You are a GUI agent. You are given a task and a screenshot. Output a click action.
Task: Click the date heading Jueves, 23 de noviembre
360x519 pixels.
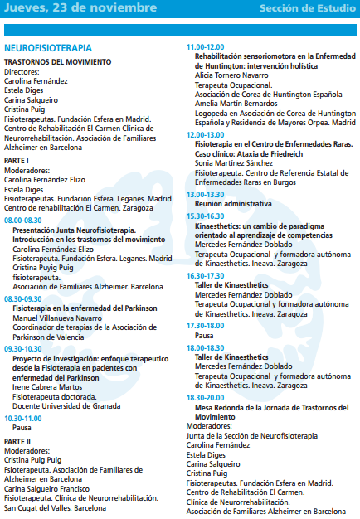[x=80, y=8]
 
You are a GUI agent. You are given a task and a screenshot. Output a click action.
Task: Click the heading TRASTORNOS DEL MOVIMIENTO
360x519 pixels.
[x=57, y=63]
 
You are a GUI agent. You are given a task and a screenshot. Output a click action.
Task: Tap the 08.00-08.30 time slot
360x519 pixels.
[x=22, y=221]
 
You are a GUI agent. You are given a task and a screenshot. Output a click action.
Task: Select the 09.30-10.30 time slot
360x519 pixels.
[x=22, y=349]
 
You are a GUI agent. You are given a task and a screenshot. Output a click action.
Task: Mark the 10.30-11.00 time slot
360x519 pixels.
[x=22, y=417]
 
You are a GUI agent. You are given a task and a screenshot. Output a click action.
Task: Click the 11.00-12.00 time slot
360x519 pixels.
[x=205, y=47]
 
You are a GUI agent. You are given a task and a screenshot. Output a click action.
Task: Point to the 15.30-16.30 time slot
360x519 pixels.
[x=205, y=215]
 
